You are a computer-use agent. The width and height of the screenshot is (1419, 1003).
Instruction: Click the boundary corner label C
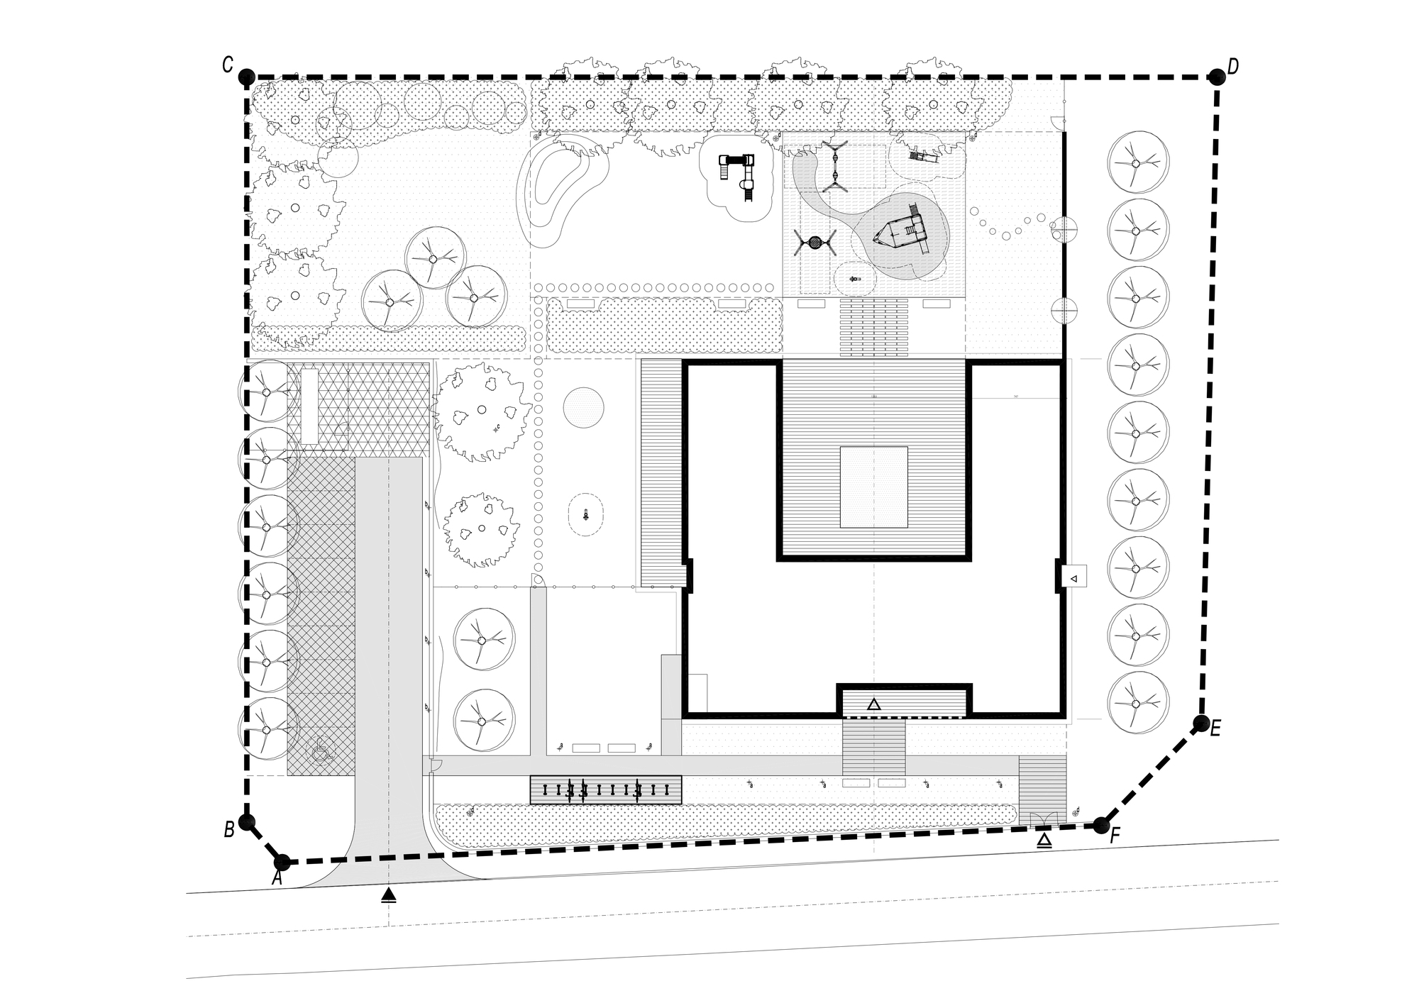click(228, 65)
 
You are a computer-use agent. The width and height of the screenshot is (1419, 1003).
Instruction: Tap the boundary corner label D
click(1233, 67)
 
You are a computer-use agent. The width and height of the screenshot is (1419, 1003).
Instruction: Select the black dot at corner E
click(1201, 724)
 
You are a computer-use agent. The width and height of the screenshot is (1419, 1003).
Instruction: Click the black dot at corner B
click(246, 822)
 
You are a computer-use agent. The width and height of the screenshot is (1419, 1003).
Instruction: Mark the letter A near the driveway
click(277, 878)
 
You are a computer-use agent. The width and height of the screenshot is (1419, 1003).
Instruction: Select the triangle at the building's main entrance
click(874, 704)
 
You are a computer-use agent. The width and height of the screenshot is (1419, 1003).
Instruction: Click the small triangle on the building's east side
click(1073, 579)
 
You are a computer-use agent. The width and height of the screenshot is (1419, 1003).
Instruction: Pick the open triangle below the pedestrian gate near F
click(1044, 841)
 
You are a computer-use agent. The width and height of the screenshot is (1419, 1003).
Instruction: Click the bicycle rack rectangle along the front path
click(606, 789)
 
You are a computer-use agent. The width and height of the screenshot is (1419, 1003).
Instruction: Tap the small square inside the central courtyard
click(873, 487)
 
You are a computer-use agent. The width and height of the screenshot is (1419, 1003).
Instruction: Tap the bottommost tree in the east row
click(1138, 703)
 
